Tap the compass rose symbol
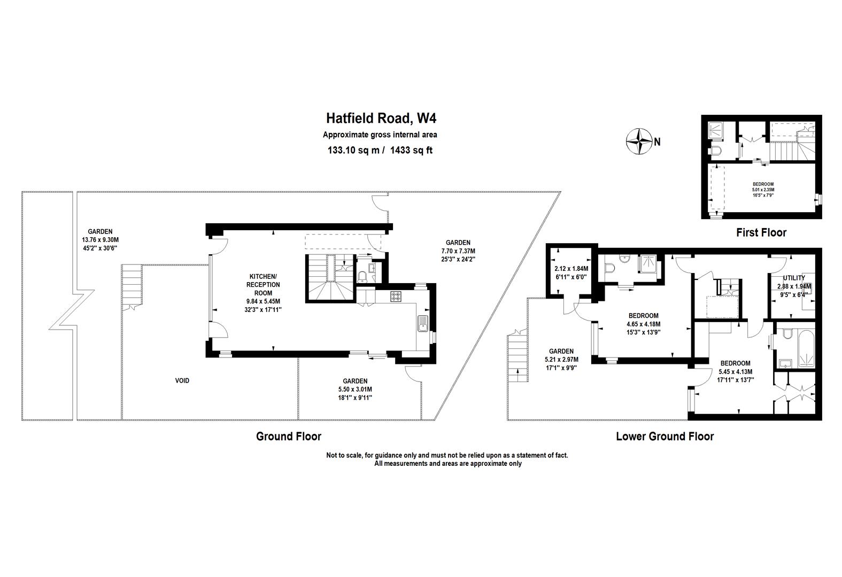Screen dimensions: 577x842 point(639,142)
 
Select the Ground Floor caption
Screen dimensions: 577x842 point(289,436)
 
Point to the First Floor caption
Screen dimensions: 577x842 point(761,232)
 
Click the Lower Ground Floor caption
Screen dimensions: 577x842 point(665,436)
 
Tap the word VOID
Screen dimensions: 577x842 point(182,381)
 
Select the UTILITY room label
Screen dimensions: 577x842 point(794,278)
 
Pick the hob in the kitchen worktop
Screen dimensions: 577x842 point(396,297)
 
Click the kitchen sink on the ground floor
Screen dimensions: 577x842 point(423,324)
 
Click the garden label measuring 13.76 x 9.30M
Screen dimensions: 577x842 point(100,239)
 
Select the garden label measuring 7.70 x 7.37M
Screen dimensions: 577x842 point(458,251)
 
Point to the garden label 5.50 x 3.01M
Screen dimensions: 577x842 point(355,389)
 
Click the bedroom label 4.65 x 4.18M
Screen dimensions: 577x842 point(644,324)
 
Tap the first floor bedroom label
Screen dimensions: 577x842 point(763,189)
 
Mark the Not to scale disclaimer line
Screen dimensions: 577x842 point(447,455)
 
